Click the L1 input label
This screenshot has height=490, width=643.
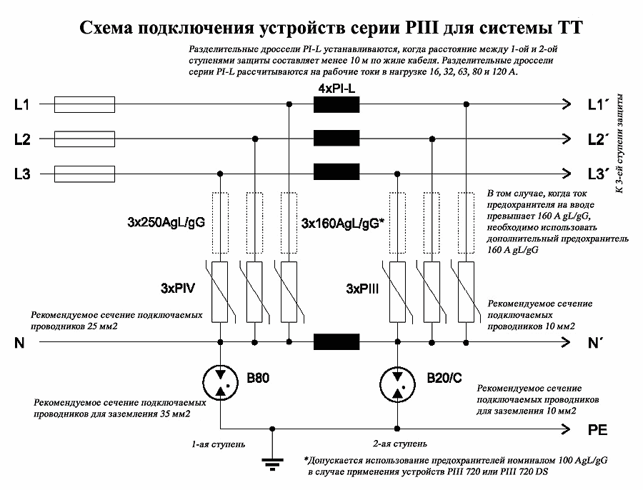(21, 106)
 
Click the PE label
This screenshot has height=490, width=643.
(597, 431)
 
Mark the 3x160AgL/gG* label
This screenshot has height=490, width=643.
(344, 223)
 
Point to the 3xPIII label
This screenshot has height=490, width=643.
(363, 289)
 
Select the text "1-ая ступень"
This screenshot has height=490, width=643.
(219, 444)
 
